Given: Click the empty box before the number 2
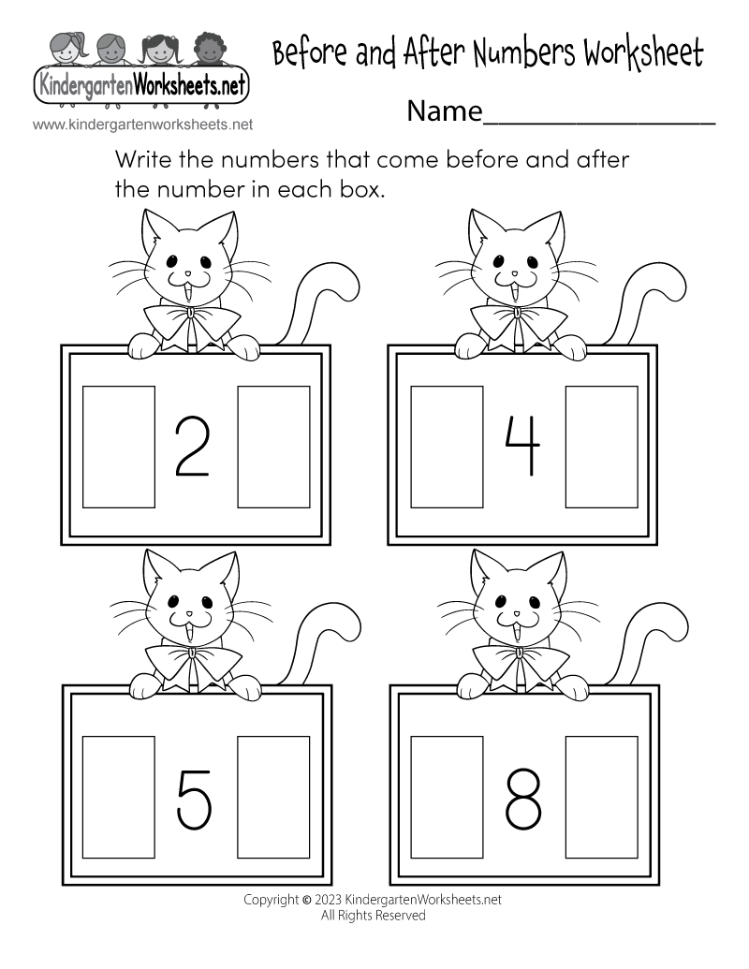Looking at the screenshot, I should [119, 447].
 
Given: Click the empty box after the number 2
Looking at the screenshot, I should [273, 447].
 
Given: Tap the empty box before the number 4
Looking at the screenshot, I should [448, 447].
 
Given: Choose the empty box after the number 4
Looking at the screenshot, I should [602, 447].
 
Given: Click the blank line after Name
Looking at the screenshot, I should [599, 117].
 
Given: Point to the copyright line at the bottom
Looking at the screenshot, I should [373, 899].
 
